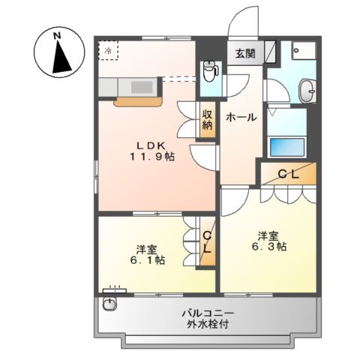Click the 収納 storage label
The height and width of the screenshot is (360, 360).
(208, 121)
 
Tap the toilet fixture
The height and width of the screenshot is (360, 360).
(210, 73)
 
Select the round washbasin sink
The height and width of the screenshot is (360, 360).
(308, 92)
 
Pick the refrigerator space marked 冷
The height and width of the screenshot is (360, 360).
(108, 50)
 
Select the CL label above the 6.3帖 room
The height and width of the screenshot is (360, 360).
(289, 173)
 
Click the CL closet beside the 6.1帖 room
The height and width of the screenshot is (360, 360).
(207, 241)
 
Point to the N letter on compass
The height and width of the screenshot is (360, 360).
(58, 34)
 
